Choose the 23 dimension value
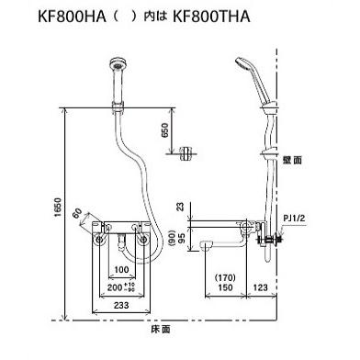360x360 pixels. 182,208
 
